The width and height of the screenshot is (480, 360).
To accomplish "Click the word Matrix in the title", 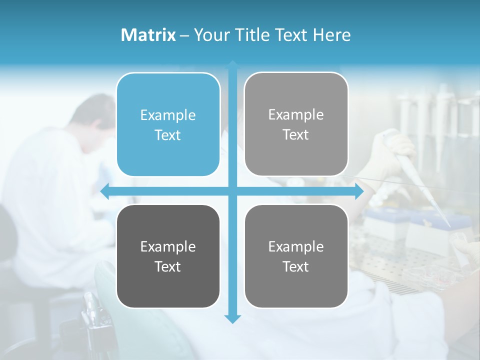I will (x=148, y=35).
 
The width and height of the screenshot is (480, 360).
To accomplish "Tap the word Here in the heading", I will (x=332, y=35).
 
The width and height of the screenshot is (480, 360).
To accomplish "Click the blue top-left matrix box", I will (x=168, y=124).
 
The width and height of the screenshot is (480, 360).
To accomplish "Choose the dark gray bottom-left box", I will (x=168, y=256).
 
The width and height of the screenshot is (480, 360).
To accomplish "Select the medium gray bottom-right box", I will (x=296, y=256).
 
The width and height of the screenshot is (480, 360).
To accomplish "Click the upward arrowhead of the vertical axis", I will (x=232, y=65).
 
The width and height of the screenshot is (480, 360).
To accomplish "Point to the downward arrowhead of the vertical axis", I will (x=232, y=318).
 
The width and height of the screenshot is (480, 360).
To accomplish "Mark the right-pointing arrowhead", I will (x=359, y=191).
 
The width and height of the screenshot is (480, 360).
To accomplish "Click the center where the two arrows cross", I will (x=232, y=191).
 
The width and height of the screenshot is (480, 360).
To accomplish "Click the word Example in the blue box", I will (x=168, y=115).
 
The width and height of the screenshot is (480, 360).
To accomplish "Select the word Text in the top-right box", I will (x=296, y=134).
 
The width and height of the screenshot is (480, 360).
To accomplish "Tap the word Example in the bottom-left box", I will (x=168, y=246).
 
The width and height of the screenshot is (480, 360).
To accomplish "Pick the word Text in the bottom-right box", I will (x=296, y=266).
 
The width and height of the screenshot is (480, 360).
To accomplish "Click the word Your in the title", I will (x=209, y=35).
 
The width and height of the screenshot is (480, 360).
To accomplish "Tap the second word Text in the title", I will (x=291, y=35).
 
